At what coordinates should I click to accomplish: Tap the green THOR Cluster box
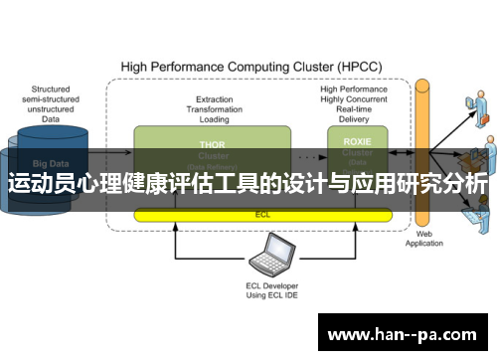click(212, 150)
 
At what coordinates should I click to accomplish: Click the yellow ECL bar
click(262, 214)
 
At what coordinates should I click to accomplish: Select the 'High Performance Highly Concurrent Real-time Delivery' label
click(352, 103)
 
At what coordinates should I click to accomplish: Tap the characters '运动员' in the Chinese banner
click(40, 186)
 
